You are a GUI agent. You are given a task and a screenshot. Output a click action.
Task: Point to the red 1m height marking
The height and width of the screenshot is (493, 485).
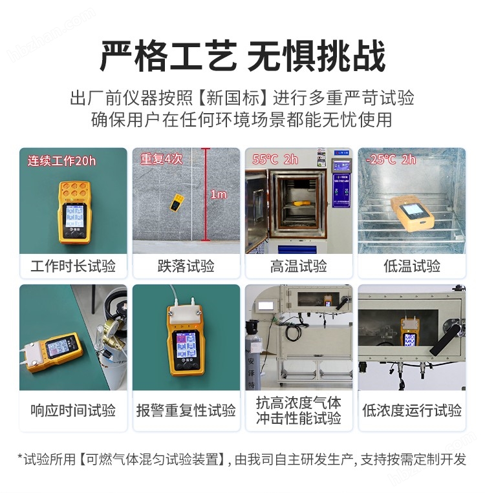[218, 194]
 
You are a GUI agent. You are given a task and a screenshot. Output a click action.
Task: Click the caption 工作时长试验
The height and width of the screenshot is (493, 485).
[72, 266]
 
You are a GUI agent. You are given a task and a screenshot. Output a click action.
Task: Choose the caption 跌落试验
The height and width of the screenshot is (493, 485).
[186, 266]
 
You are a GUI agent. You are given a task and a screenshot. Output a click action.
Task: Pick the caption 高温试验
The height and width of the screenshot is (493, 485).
[298, 266]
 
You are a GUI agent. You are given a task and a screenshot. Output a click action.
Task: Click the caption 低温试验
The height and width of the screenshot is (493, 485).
[412, 266]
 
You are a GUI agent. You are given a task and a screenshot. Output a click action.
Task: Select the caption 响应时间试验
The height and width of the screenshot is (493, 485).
[72, 410]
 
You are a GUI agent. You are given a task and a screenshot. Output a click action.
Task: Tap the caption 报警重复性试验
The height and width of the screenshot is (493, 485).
[186, 410]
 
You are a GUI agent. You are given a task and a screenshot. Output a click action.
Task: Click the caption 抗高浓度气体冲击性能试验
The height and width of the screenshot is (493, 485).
[298, 410]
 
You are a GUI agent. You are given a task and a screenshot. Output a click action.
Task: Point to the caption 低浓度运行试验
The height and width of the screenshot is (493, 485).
[412, 410]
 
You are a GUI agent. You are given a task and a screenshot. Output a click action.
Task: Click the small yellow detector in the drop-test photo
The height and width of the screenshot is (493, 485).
[176, 202]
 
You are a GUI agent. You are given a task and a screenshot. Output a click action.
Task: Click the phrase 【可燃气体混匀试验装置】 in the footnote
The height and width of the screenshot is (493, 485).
[153, 459]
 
